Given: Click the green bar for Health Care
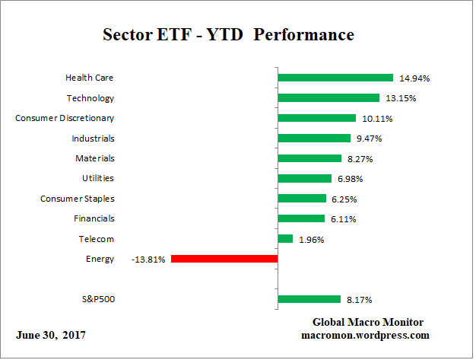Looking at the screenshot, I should point(335,78).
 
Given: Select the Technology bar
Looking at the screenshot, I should point(328,97).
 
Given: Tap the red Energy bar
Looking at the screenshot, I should point(224,259).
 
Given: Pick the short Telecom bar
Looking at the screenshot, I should point(285,239).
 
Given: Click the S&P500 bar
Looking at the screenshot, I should point(309,299).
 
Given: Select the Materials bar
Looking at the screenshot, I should point(309,158).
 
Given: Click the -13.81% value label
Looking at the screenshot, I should point(149,259).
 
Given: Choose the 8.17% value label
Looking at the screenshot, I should point(360,299).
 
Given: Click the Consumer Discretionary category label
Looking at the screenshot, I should point(65,118).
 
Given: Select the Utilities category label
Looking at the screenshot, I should point(98,178).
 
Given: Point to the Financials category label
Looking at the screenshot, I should point(95,218).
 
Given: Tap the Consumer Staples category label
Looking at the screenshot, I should point(77,199).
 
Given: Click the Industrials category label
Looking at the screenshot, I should point(94,138).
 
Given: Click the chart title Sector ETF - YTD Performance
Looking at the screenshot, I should point(228,35).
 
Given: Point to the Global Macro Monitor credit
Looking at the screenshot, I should point(368,322).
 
